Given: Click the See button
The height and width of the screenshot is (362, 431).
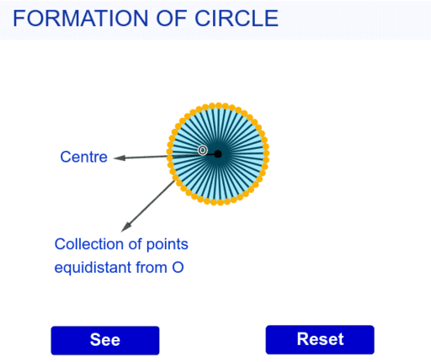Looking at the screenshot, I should tap(105, 340).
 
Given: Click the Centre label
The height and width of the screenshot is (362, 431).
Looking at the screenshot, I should tap(84, 157).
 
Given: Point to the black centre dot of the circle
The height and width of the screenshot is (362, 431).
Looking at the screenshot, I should tap(218, 154).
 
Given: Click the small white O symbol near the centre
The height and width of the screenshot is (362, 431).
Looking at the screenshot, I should tap(203, 150).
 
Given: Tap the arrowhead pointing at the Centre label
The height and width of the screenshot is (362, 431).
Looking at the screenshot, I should tap(119, 157).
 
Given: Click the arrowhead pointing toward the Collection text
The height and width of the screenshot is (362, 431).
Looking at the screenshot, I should tap(126, 226).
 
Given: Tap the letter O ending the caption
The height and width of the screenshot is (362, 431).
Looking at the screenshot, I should tap(178, 269).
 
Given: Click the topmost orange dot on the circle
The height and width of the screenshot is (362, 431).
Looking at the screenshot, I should tap(218, 105).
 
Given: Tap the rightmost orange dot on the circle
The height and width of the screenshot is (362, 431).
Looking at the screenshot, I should tap(267, 154).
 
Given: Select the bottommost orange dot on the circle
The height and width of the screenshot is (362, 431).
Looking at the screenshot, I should tap(218, 203).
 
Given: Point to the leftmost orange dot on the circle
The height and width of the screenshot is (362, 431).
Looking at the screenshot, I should tap(169, 154).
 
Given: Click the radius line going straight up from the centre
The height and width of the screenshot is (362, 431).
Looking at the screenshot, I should tap(218, 129).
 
